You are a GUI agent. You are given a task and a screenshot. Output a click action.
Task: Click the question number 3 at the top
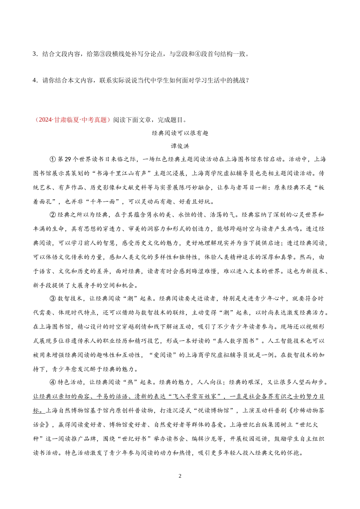(34, 54)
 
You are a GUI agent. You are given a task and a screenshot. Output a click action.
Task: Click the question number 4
(34, 80)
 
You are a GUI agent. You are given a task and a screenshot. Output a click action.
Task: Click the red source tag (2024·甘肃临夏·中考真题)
(72, 120)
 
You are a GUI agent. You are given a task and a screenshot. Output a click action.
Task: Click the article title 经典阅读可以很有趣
(180, 133)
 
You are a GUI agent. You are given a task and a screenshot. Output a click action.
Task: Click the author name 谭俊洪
(180, 146)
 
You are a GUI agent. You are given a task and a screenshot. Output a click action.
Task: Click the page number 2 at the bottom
(180, 476)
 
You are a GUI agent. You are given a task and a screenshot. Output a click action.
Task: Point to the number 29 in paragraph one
(68, 159)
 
